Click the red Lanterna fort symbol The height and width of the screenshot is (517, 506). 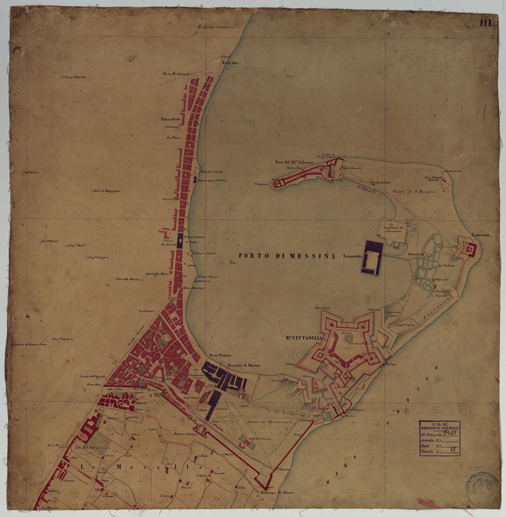[470, 249]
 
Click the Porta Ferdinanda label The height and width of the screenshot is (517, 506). [175, 74]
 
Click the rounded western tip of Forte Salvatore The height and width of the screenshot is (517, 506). [276, 183]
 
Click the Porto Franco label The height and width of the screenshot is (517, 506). [219, 356]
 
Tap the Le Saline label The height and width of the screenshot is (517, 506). [446, 266]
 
